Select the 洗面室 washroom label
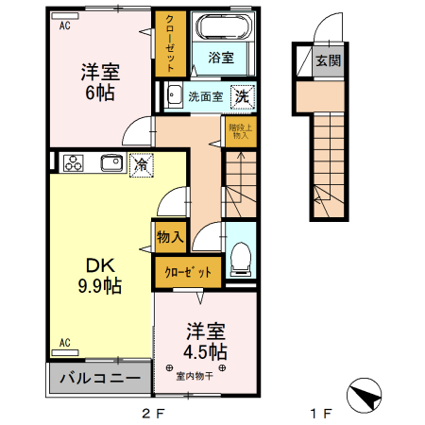pyautogui.click(x=205, y=95)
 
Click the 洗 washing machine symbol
pyautogui.click(x=243, y=95)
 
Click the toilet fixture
pyautogui.click(x=241, y=254)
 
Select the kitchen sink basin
pyautogui.click(x=110, y=162)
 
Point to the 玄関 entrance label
pyautogui.click(x=328, y=61)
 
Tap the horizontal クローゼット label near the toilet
pyautogui.click(x=189, y=272)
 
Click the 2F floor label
pyautogui.click(x=153, y=414)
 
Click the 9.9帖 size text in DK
pyautogui.click(x=99, y=287)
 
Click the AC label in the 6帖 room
pyautogui.click(x=64, y=26)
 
